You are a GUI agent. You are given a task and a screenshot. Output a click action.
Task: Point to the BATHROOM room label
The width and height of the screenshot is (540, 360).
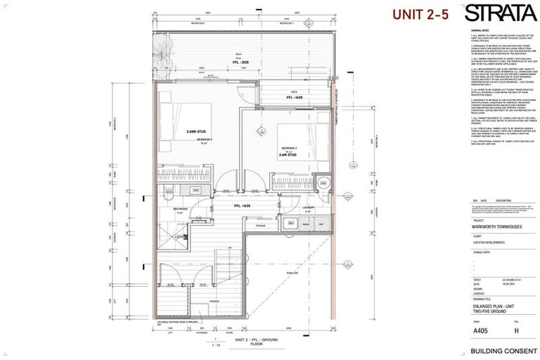[181, 209]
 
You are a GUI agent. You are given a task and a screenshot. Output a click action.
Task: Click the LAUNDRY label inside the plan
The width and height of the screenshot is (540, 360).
[308, 208]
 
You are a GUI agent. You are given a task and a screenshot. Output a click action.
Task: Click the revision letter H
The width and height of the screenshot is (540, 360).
[515, 328]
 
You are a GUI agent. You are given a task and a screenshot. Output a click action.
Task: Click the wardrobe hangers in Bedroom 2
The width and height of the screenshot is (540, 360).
[183, 174]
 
